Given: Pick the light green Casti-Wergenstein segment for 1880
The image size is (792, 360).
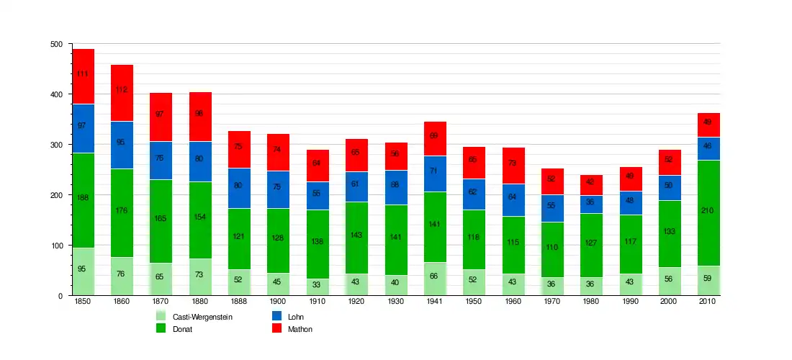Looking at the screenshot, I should pos(200,276).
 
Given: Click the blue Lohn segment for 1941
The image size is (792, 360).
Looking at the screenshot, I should pos(435,174).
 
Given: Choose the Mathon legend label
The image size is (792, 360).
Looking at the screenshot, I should pos(300,329).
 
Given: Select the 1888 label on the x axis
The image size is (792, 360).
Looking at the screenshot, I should pos(239,302).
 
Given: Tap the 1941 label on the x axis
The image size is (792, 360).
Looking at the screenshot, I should pos(435,302).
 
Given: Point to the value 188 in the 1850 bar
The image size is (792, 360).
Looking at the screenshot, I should pos(83,196).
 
